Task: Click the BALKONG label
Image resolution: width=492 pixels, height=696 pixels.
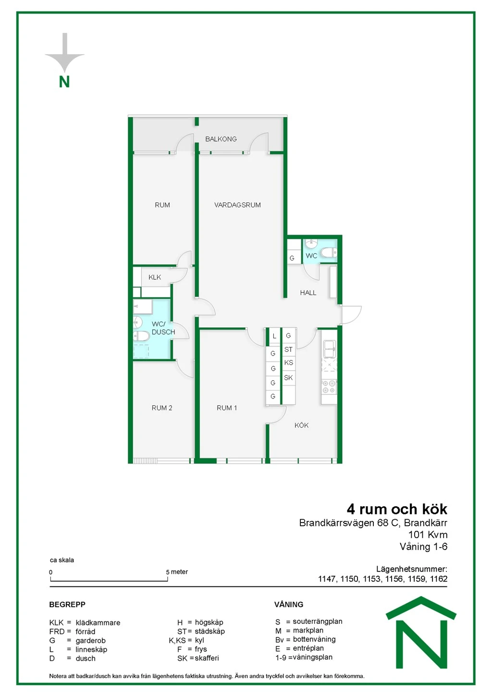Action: click(221, 139)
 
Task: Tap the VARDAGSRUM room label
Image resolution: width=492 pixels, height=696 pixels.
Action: click(237, 205)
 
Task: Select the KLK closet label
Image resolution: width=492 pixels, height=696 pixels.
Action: click(154, 277)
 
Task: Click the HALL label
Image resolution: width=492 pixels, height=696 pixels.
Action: click(308, 293)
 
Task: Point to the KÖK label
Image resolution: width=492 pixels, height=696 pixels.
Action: click(301, 425)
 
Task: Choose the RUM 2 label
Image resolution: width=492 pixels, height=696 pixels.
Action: click(161, 408)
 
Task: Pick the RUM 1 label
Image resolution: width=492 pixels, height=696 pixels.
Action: click(227, 408)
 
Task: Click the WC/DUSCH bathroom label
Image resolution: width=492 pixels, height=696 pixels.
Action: click(163, 328)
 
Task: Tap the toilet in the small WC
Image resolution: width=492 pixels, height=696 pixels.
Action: click(328, 253)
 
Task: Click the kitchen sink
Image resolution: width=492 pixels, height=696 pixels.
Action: click(329, 349)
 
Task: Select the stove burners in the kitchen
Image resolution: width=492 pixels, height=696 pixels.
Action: click(329, 386)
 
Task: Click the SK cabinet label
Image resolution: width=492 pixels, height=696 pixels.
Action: click(288, 378)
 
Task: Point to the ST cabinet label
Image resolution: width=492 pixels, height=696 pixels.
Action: click(288, 349)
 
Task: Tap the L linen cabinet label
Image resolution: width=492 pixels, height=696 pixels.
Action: click(274, 336)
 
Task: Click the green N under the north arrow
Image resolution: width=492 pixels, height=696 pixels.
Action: click(64, 82)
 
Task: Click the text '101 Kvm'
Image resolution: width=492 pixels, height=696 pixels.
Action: click(428, 535)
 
